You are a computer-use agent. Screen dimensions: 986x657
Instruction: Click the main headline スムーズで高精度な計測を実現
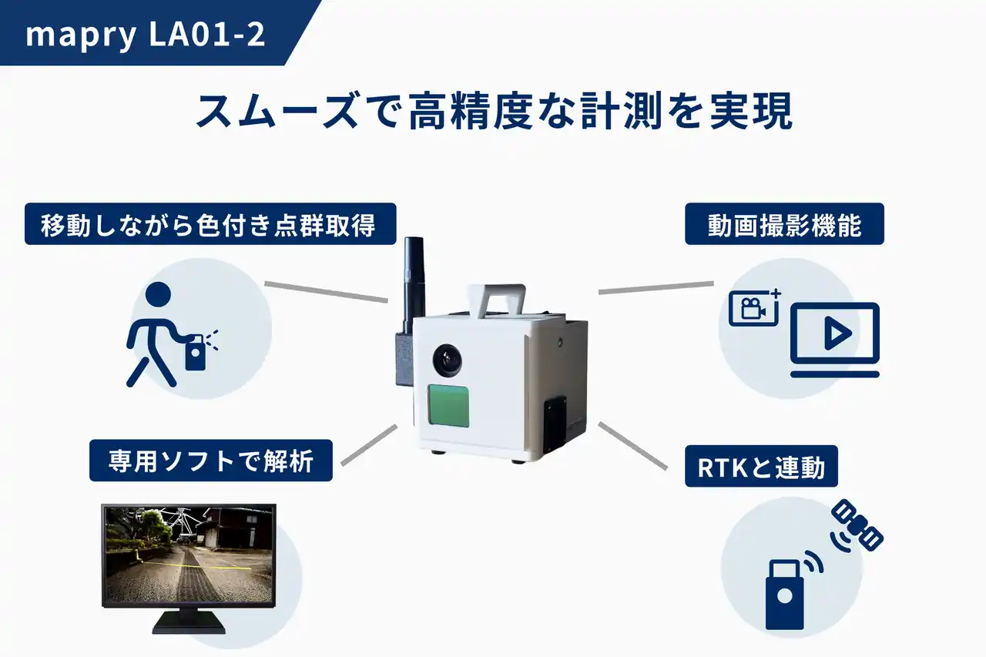coord(494,110)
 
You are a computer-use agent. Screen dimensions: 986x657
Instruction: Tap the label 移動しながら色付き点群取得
coord(210,224)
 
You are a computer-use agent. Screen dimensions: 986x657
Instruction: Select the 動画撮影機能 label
coord(784,224)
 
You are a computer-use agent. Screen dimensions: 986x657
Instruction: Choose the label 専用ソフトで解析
coord(211,461)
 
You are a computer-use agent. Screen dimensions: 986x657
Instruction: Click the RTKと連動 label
coord(762,466)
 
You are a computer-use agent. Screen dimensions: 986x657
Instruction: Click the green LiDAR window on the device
coord(448,405)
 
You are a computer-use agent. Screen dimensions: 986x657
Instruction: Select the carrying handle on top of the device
coord(497,301)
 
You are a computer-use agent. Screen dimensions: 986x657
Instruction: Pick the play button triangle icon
coord(837,334)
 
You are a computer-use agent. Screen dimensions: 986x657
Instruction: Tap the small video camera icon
coord(754,307)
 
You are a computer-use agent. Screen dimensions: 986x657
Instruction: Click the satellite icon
coord(857,525)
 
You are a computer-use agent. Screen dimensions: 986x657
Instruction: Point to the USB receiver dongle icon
coord(785,594)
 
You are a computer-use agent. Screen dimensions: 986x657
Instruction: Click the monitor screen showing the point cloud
coord(189,555)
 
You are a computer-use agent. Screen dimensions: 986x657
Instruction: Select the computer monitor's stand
coord(189,622)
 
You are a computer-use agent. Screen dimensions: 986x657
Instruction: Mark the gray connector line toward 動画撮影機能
coord(656,288)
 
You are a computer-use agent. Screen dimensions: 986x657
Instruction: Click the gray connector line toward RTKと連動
coord(632,446)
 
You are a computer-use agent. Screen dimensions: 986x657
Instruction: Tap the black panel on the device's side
coord(555,425)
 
